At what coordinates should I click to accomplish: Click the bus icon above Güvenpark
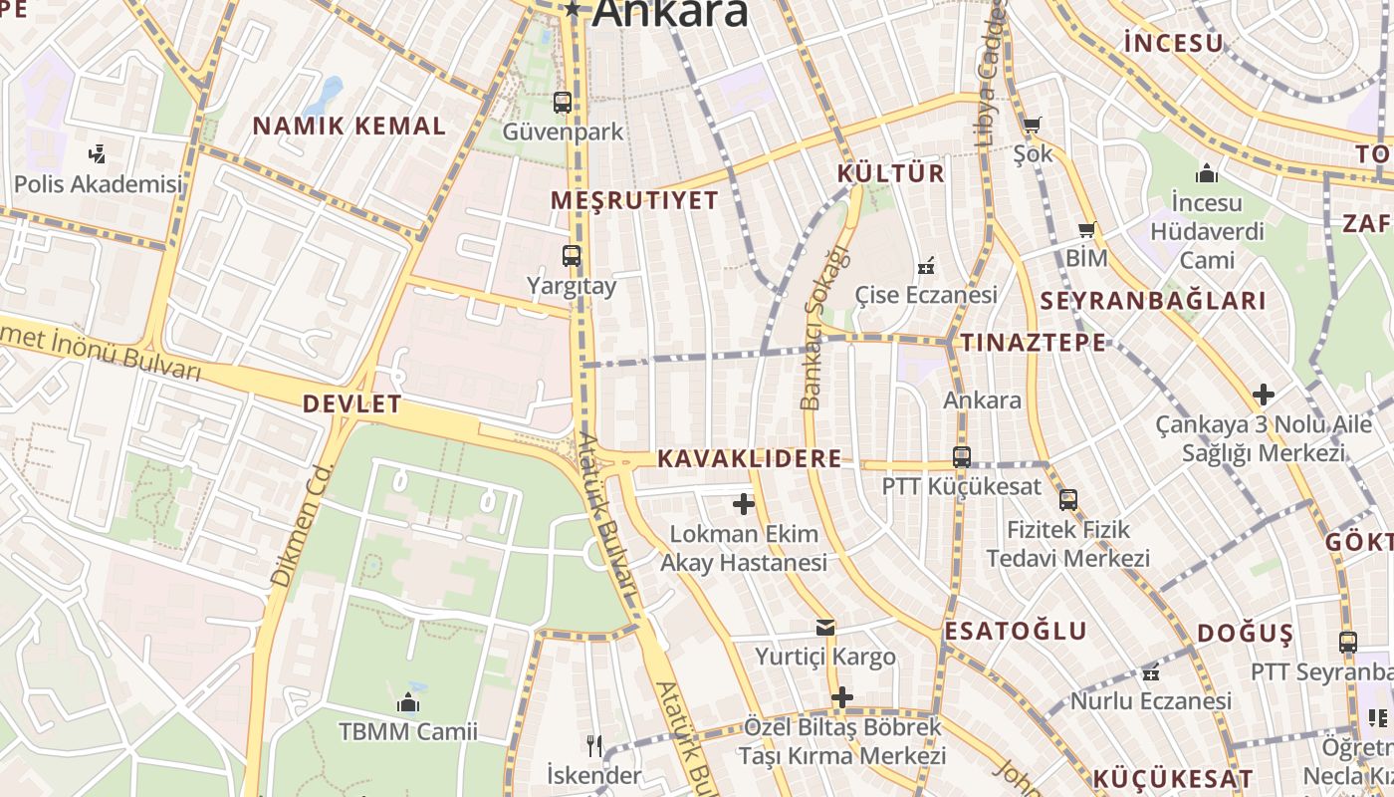tap(563, 102)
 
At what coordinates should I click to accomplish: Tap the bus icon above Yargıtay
tap(571, 256)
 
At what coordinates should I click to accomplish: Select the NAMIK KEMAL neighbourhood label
tap(348, 127)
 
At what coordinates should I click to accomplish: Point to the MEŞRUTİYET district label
tap(634, 200)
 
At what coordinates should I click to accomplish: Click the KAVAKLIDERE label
tap(749, 459)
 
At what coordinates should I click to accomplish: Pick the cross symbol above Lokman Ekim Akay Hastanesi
tap(743, 504)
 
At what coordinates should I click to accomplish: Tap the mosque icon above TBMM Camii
tap(407, 703)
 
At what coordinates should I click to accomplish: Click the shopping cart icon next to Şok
tap(1032, 126)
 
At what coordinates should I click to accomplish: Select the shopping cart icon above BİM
tap(1086, 230)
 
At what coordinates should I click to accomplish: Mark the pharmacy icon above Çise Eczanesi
tap(926, 266)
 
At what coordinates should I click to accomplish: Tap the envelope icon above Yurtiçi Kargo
tap(825, 628)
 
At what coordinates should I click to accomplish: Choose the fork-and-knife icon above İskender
tap(593, 744)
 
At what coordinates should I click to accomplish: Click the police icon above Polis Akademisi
tap(97, 154)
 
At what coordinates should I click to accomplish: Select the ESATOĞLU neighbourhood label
tap(1016, 631)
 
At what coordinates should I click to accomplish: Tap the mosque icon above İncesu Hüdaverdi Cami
tap(1207, 174)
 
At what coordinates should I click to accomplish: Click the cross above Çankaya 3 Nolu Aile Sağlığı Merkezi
tap(1264, 395)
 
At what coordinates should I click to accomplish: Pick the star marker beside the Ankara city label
tap(573, 10)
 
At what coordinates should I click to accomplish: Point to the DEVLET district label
tap(351, 404)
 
